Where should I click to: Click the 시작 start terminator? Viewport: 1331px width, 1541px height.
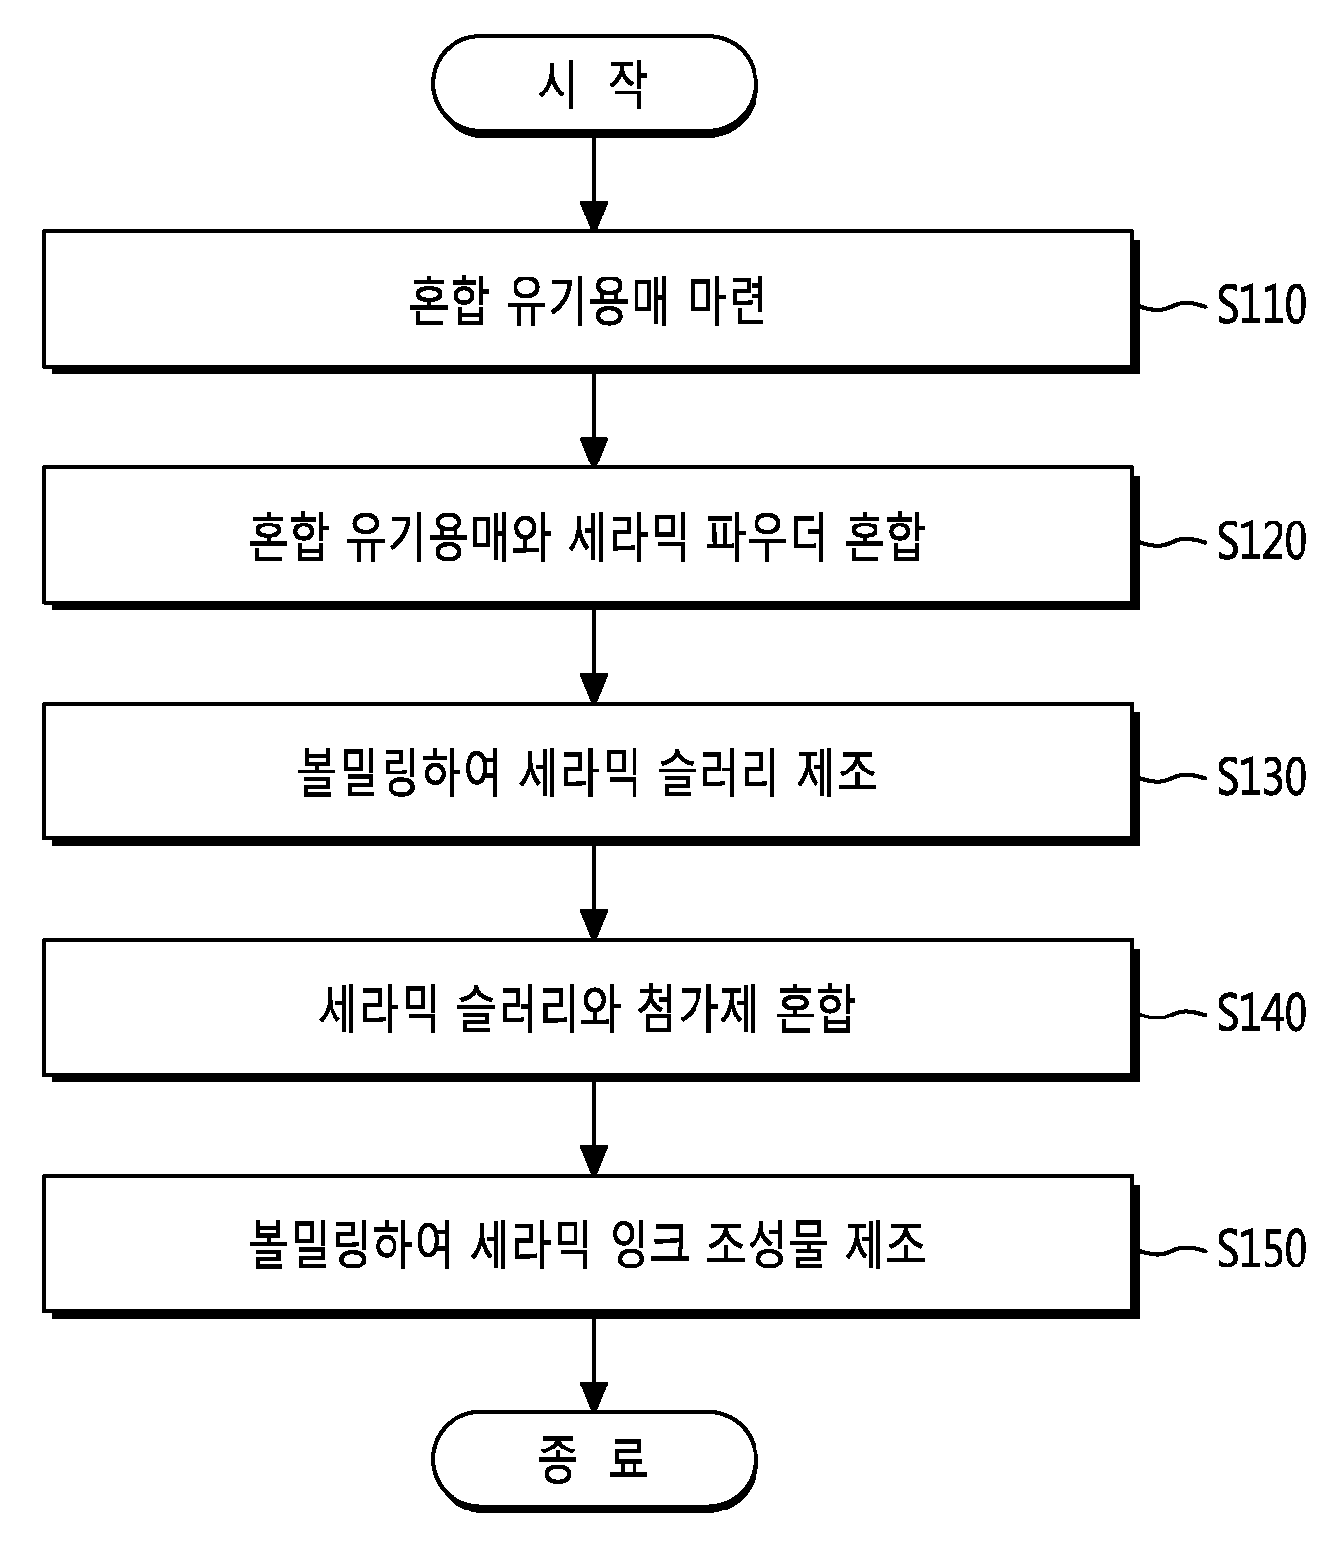[594, 85]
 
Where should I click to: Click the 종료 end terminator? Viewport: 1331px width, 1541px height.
[594, 1460]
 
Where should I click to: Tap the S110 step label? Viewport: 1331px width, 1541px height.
[1261, 304]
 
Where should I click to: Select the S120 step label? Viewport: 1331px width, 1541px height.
[1261, 540]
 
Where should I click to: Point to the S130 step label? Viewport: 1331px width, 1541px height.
[1261, 776]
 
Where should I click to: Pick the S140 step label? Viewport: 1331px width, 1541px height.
[1261, 1013]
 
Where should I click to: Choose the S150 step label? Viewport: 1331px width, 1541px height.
[1261, 1249]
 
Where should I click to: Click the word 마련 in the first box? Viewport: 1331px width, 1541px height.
[727, 300]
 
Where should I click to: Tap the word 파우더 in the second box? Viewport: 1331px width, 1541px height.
[766, 536]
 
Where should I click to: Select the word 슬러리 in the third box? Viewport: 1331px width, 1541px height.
[718, 772]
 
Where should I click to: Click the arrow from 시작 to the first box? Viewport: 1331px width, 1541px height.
[594, 183]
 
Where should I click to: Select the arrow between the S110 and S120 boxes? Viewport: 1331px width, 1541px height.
[594, 420]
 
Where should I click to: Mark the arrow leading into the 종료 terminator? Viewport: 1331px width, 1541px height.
[594, 1364]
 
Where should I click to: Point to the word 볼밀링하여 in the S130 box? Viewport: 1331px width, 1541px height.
[398, 772]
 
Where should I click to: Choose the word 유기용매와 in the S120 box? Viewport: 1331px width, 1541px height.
[448, 536]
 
